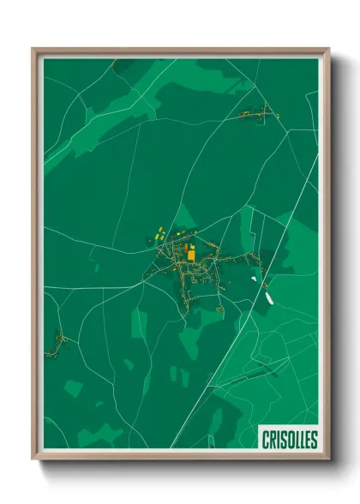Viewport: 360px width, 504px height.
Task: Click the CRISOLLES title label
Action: pyautogui.click(x=288, y=440)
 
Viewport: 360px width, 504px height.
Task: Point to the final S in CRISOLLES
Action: pyautogui.click(x=313, y=440)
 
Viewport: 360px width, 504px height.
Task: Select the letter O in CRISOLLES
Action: pyautogui.click(x=289, y=440)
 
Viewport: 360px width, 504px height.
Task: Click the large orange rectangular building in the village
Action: pyautogui.click(x=191, y=252)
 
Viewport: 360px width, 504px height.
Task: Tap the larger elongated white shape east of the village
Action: pyautogui.click(x=268, y=298)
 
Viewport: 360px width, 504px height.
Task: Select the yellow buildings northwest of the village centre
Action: pyautogui.click(x=160, y=232)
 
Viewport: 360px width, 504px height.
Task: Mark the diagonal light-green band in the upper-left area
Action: pyautogui.click(x=103, y=111)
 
